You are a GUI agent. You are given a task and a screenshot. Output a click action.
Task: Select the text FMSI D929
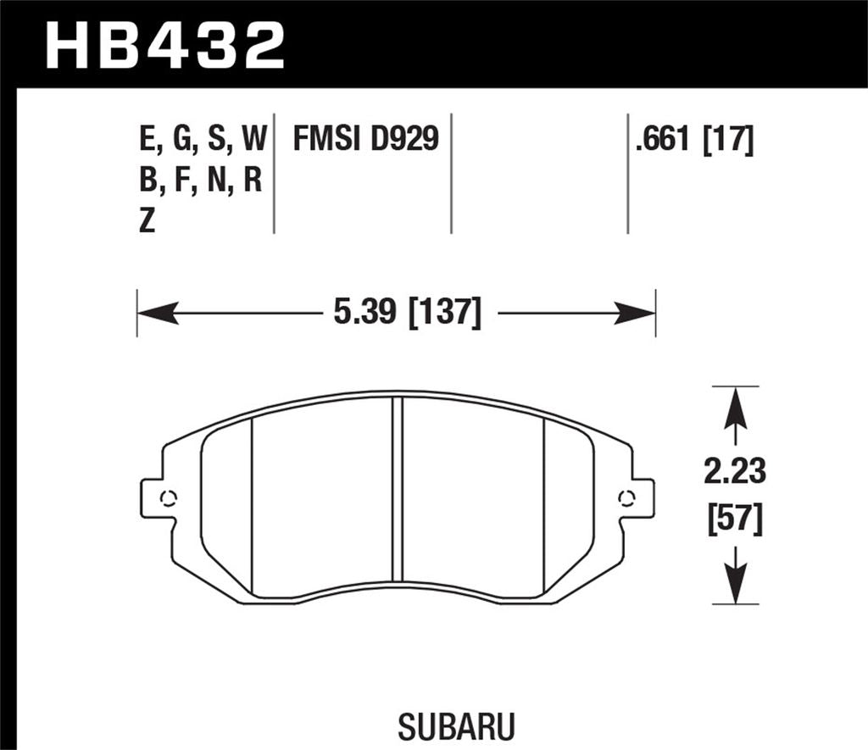[366, 137]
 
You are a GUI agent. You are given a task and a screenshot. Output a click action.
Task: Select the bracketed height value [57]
[735, 519]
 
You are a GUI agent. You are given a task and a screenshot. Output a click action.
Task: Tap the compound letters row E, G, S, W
[203, 138]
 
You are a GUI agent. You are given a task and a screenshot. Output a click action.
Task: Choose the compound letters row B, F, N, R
[200, 180]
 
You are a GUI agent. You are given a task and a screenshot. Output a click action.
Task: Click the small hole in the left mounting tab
[167, 498]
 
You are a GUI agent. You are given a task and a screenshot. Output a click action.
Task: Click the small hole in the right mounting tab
[626, 497]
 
